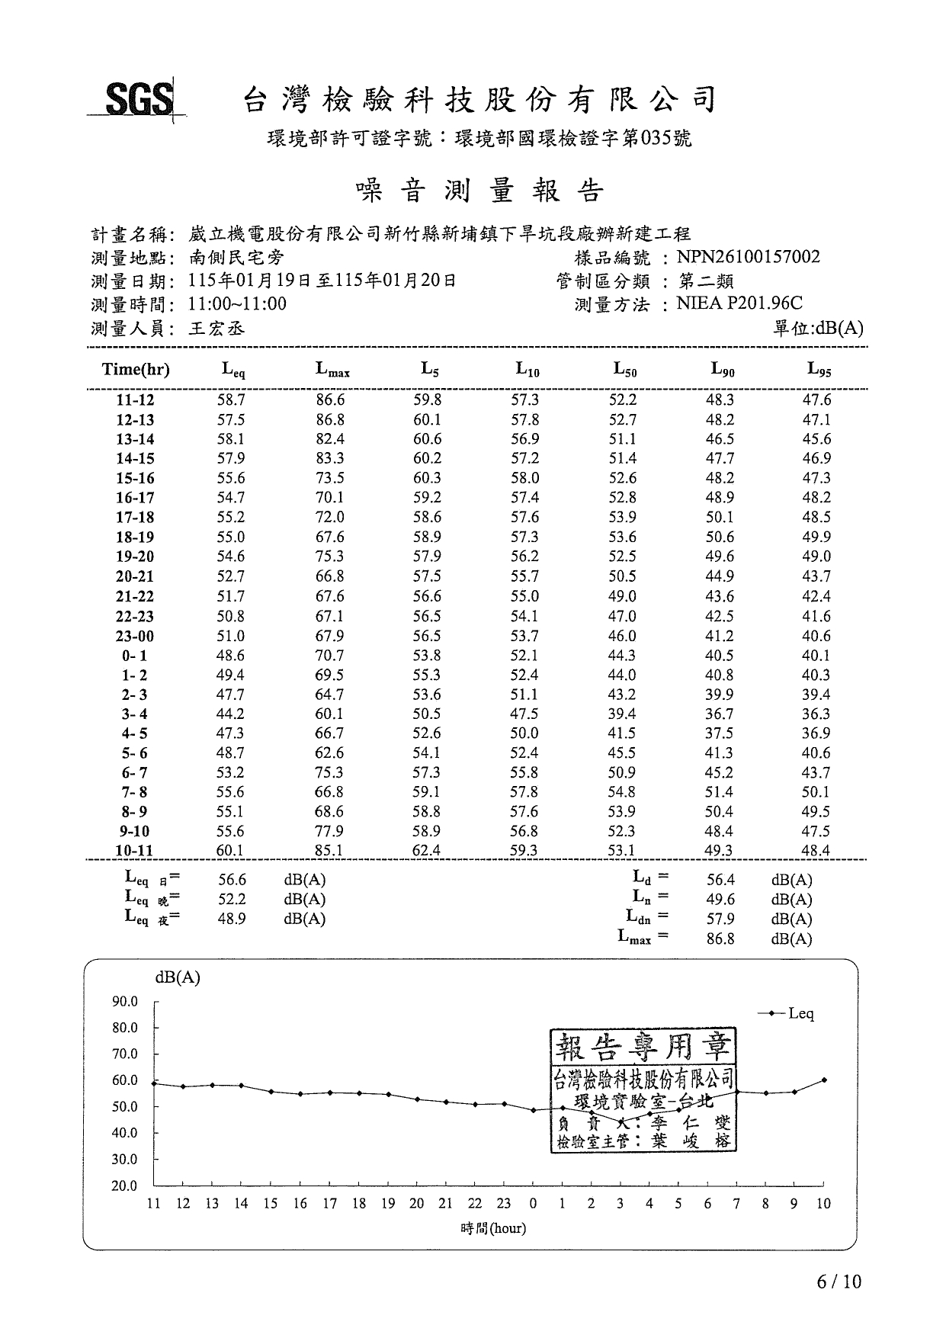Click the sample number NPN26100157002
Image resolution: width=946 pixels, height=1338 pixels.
coord(748,257)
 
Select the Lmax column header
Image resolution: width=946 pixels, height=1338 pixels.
coord(332,370)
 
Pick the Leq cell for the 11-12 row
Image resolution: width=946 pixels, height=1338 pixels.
coord(231,399)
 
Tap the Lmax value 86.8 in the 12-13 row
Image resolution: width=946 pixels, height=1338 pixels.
coord(330,419)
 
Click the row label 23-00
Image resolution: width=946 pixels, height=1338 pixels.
coord(135,636)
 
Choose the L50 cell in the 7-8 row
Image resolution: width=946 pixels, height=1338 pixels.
coord(622,792)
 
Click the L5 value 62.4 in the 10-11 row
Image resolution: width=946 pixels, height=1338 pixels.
coord(426,850)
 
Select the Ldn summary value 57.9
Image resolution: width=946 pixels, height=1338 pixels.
coord(720,919)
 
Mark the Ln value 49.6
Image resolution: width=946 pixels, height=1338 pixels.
coord(720,900)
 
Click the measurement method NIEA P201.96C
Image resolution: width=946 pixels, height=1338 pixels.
coord(739,304)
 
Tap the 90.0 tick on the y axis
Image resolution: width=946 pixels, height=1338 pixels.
coord(125,1001)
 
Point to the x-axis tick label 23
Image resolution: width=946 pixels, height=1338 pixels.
coord(503,1204)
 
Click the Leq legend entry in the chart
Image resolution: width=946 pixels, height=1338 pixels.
coord(789,1013)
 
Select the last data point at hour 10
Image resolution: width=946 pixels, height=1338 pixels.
coord(824,1080)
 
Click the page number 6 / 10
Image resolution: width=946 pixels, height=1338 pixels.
coord(839,1282)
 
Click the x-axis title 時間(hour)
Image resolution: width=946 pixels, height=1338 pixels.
coord(493,1228)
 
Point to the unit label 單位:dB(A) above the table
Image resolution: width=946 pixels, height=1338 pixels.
coord(818,329)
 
